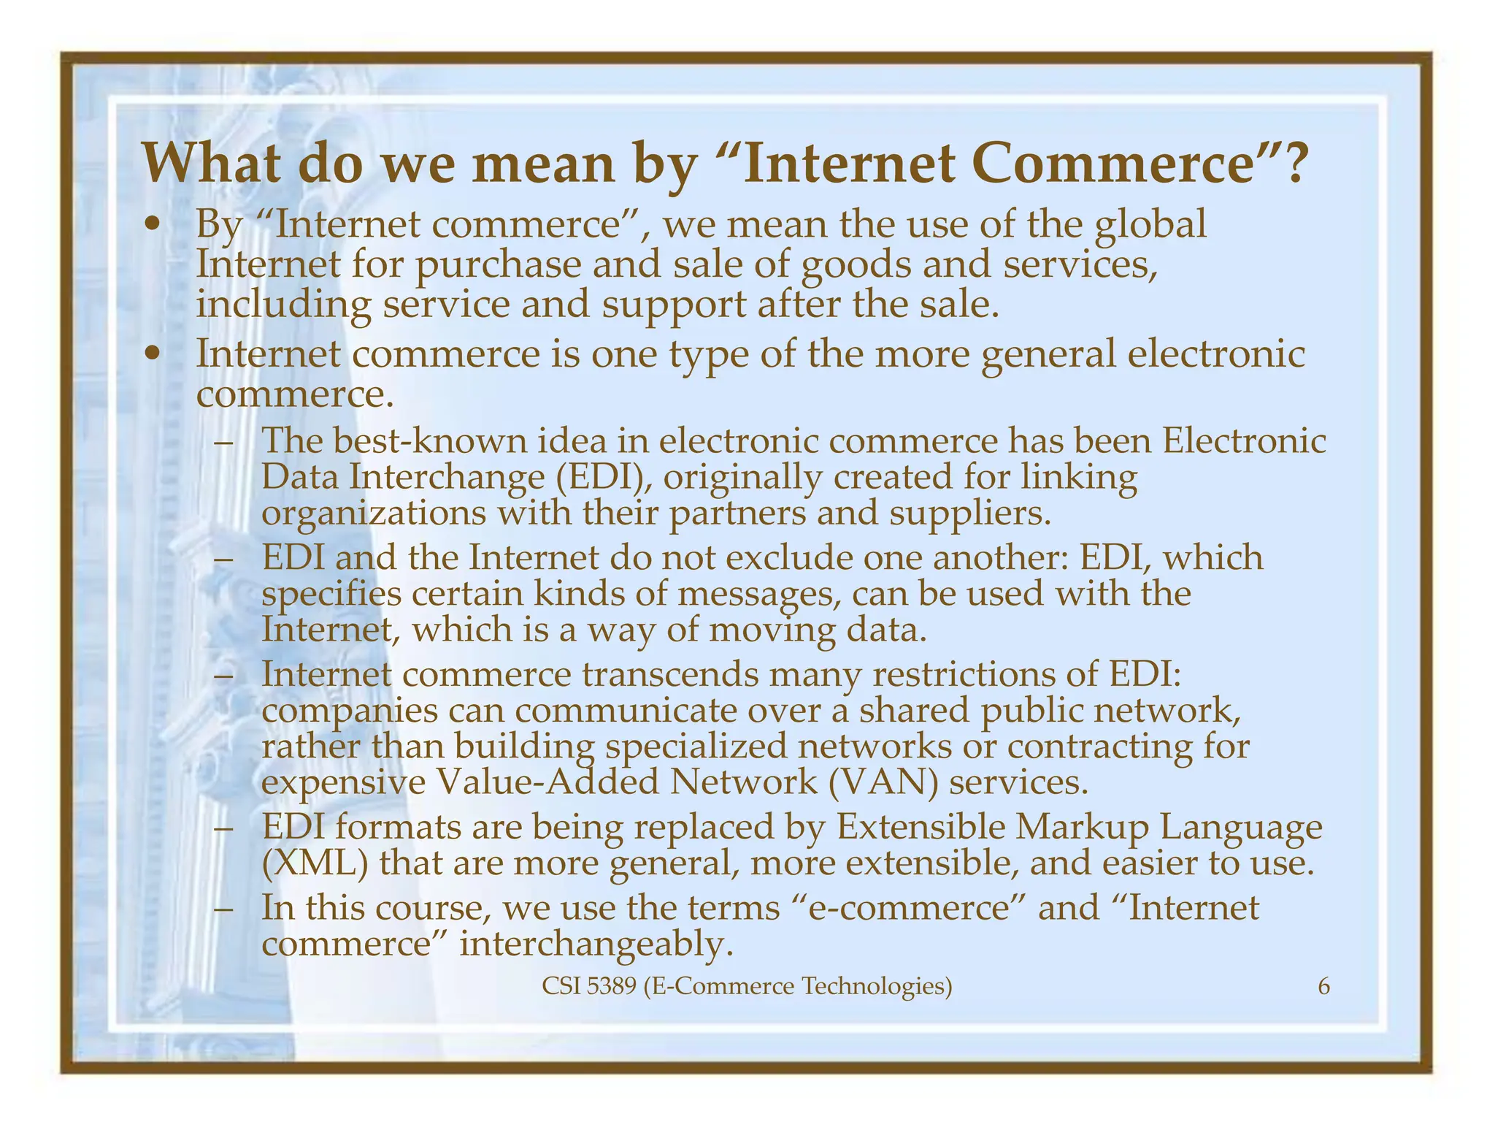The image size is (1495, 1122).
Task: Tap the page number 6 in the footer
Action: [x=1323, y=987]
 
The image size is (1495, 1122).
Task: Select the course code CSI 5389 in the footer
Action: [x=590, y=987]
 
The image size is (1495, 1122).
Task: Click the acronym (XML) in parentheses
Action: [x=315, y=863]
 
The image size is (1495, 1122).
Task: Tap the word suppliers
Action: [x=970, y=514]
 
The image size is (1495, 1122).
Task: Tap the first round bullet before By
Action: [x=152, y=224]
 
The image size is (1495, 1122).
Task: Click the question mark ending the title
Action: [x=1290, y=164]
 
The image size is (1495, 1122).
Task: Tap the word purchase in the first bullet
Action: [x=498, y=264]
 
